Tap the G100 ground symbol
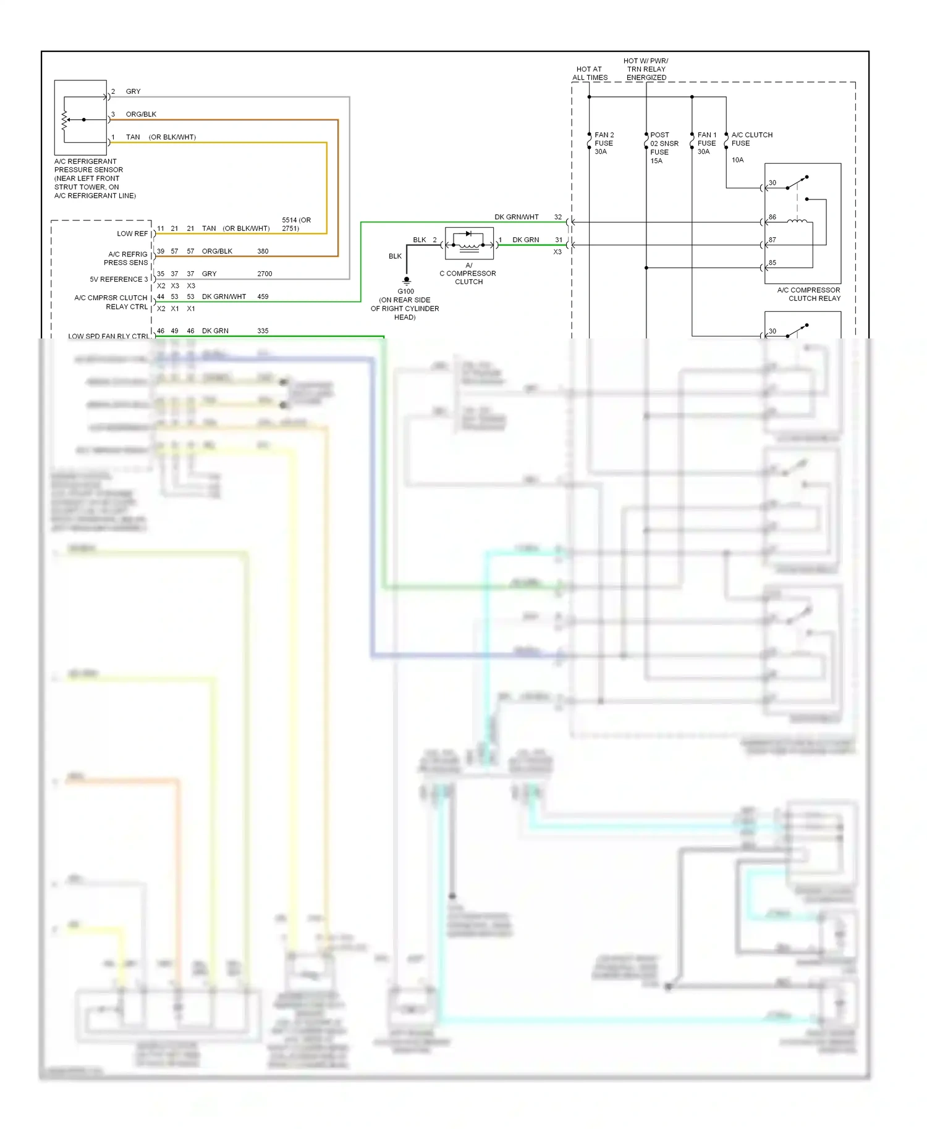[406, 280]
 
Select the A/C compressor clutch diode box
[469, 243]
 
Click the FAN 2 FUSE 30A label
[603, 143]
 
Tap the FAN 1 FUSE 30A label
[706, 143]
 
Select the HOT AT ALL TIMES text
[590, 73]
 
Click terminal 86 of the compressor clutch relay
[772, 217]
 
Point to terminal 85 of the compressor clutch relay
[772, 263]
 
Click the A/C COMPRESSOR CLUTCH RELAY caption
[808, 294]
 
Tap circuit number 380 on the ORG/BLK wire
[263, 251]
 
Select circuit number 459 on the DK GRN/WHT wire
[263, 296]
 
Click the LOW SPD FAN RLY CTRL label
[108, 336]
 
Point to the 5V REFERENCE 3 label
[119, 279]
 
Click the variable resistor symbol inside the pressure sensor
[64, 119]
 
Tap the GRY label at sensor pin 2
[133, 91]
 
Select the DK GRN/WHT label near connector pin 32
[516, 217]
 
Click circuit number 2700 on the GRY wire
[265, 274]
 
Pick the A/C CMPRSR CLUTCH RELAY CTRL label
[111, 302]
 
